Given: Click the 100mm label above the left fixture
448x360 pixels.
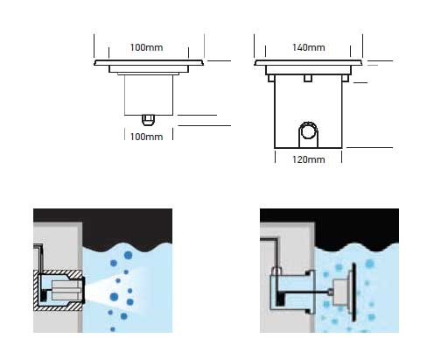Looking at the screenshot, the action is (x=146, y=47).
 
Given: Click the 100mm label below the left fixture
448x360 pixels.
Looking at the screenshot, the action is (x=146, y=137).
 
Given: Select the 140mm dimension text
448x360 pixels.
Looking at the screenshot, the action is (x=309, y=47).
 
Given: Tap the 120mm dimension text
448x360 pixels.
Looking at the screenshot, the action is (x=309, y=159).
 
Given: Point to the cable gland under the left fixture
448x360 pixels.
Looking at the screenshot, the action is (x=148, y=120).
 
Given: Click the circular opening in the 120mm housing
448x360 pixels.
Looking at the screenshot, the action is (x=308, y=131).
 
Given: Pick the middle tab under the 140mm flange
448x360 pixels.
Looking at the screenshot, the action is (x=308, y=78).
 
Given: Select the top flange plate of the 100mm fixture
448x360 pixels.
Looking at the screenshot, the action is (x=149, y=62).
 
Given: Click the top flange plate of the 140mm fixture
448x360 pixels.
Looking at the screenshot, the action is (x=308, y=62).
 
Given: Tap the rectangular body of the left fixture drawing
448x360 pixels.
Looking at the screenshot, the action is (x=149, y=95).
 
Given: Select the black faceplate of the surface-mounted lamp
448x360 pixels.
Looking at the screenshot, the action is (x=354, y=292).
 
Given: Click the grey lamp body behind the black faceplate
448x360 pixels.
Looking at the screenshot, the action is (x=342, y=293).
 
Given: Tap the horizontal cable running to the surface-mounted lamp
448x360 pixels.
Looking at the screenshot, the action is (x=304, y=292).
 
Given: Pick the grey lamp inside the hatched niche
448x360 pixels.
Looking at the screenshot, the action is (x=66, y=290).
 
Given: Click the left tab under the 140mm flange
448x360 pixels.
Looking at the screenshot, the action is (x=271, y=78).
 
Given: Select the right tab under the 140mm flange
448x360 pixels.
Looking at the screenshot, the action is (x=346, y=78).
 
